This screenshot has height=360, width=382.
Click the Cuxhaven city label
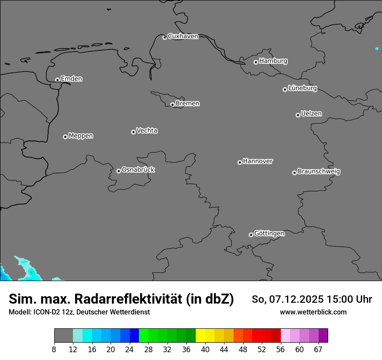(x=183, y=36)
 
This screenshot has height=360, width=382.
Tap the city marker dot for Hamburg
(x=256, y=62)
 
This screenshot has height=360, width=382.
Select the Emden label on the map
(x=71, y=79)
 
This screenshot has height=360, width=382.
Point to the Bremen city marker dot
(x=173, y=105)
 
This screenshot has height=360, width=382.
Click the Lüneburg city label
(x=302, y=88)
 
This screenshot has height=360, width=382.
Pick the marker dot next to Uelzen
(x=298, y=115)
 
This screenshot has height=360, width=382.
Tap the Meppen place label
(x=81, y=136)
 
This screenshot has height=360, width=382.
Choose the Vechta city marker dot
(x=133, y=132)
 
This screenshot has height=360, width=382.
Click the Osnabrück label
(x=138, y=170)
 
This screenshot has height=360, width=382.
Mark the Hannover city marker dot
(x=240, y=162)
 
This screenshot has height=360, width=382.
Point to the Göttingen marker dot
(x=251, y=235)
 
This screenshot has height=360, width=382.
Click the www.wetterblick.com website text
(x=313, y=312)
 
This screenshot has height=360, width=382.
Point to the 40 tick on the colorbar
(x=205, y=349)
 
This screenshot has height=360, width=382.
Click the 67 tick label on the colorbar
(x=318, y=349)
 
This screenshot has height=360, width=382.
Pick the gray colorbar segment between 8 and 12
(x=63, y=336)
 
